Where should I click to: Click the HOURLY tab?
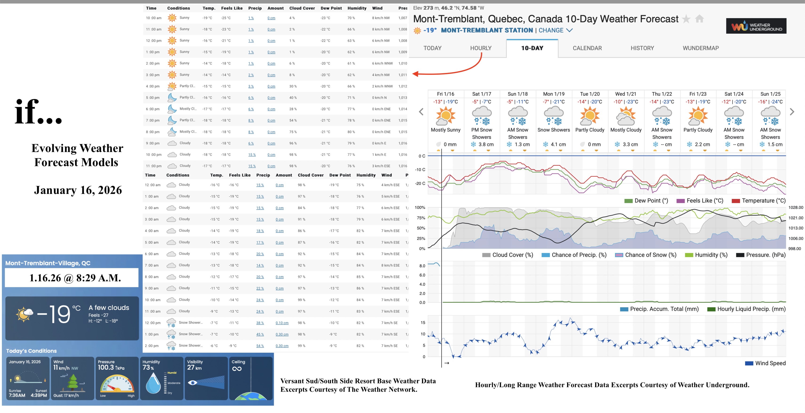[x=481, y=48]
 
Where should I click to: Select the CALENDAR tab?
[x=587, y=48]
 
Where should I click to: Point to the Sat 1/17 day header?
[x=481, y=94]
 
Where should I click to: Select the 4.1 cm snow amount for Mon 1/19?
[x=558, y=144]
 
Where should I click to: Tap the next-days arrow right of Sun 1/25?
[x=792, y=112]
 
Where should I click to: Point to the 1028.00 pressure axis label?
[x=795, y=208]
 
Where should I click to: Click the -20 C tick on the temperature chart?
[x=420, y=183]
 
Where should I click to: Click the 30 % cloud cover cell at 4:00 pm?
[x=293, y=86]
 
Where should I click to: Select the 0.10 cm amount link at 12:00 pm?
[x=282, y=323]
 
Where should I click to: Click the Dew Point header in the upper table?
[x=331, y=8]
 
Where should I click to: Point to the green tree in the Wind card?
[x=73, y=382]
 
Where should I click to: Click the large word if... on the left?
[x=38, y=112]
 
